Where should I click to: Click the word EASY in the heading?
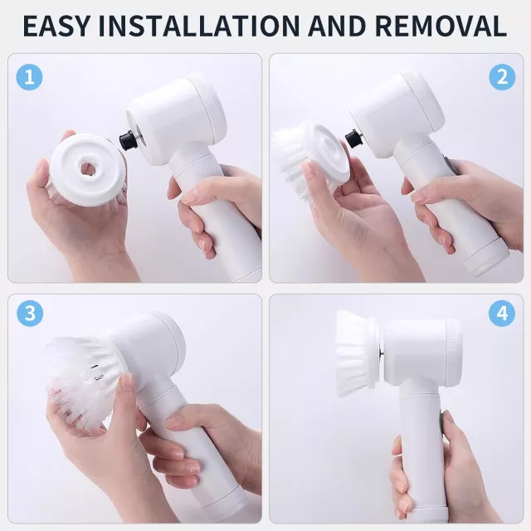tap(57, 26)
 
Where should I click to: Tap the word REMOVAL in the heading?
tap(441, 26)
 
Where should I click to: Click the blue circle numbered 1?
tap(30, 77)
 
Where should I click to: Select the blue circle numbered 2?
tap(502, 77)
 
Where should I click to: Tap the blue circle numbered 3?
tap(30, 314)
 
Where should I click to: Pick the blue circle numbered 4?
tap(502, 314)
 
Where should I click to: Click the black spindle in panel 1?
tap(128, 139)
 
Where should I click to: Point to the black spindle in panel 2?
tap(353, 139)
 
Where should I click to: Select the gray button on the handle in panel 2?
tap(449, 165)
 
